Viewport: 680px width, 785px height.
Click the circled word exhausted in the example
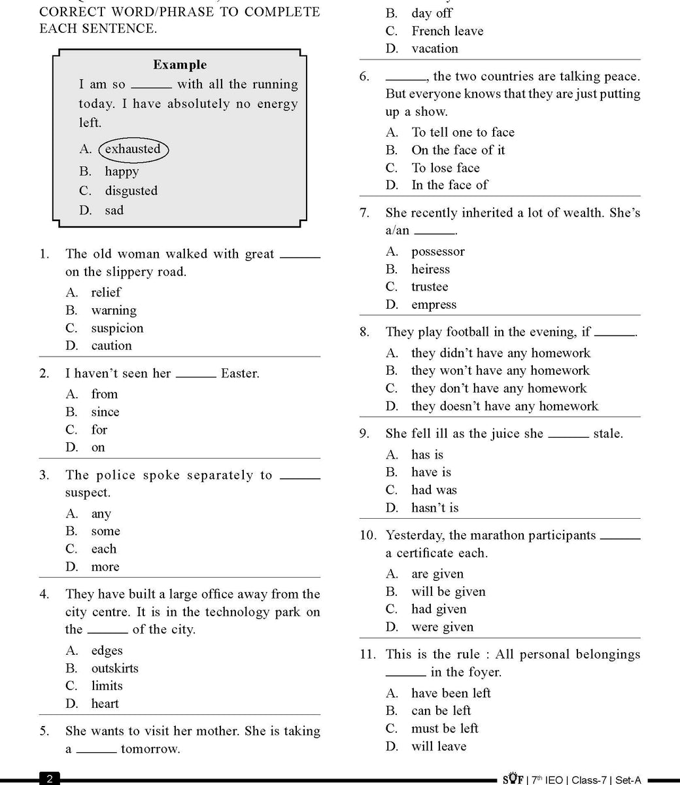point(133,149)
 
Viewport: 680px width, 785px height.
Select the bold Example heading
point(180,65)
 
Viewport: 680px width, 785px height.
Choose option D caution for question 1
point(111,345)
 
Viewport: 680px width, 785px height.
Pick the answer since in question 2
point(105,412)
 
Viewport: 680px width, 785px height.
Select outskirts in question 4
point(115,668)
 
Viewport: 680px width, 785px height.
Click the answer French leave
point(447,31)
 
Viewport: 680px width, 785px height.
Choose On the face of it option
point(458,150)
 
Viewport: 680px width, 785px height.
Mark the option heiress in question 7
point(430,269)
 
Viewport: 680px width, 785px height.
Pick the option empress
point(433,304)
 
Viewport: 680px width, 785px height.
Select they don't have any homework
point(499,388)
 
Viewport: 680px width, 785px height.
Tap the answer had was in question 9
point(434,490)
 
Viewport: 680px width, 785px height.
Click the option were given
point(442,627)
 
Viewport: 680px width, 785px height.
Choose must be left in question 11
point(445,728)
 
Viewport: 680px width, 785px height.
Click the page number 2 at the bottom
point(50,779)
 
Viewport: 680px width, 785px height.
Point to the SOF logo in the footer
point(512,779)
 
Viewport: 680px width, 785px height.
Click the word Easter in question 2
point(240,374)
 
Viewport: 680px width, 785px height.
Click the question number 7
point(365,213)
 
